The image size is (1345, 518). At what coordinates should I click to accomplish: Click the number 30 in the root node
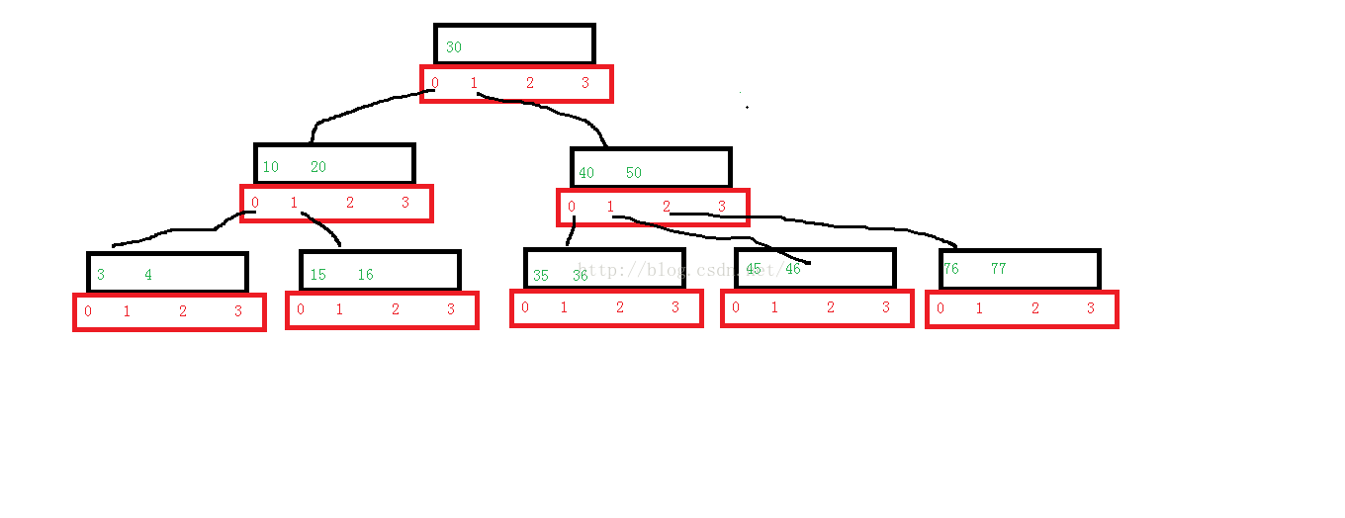[x=453, y=47]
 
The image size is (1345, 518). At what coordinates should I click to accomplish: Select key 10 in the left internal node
[x=270, y=167]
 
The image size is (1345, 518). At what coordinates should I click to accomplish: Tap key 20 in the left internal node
[x=318, y=167]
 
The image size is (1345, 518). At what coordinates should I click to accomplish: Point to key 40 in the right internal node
[x=586, y=173]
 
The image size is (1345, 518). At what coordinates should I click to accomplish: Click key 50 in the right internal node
[x=634, y=173]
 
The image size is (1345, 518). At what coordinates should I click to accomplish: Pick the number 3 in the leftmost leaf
[x=101, y=275]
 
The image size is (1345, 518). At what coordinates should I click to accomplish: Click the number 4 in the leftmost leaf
[x=148, y=275]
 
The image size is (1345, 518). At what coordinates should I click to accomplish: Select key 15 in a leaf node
[x=317, y=275]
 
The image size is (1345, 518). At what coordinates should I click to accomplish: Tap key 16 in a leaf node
[x=366, y=275]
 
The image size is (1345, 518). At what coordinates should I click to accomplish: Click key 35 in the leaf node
[x=541, y=277]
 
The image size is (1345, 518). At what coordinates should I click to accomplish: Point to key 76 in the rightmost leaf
[x=950, y=269]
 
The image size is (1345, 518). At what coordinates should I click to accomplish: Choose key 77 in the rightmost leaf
[x=999, y=269]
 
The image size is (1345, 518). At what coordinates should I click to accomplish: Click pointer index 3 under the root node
[x=585, y=83]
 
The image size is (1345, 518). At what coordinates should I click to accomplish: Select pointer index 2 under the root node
[x=530, y=83]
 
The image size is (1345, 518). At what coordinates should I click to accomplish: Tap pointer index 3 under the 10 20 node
[x=405, y=203]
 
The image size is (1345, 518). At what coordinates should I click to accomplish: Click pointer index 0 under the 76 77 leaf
[x=941, y=308]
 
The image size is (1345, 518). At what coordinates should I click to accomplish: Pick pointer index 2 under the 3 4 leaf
[x=183, y=311]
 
